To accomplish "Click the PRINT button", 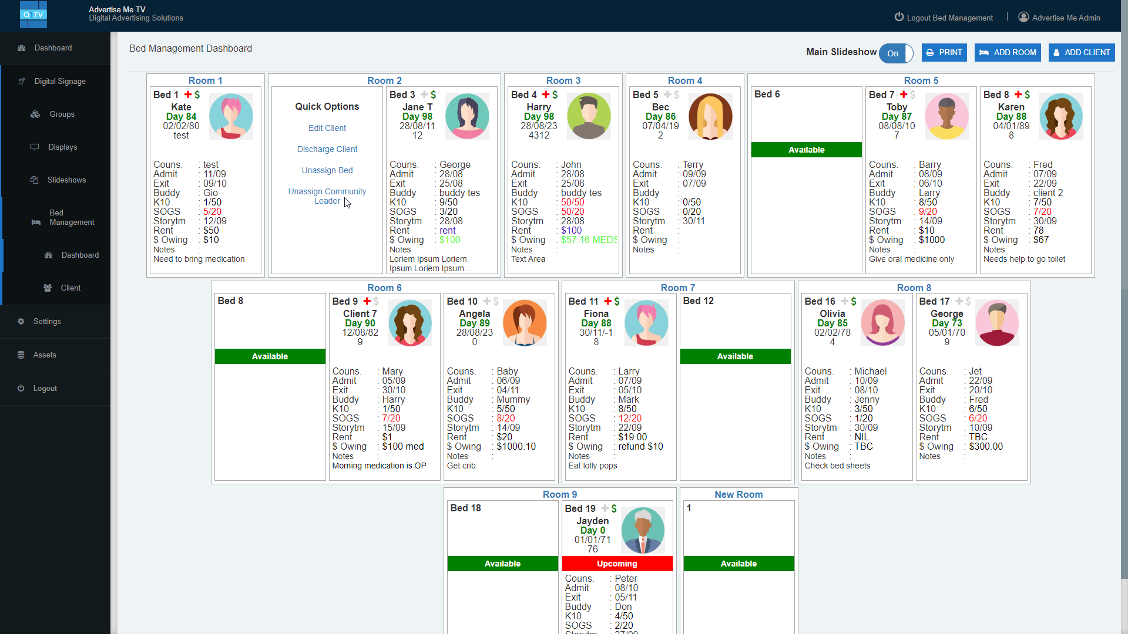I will pyautogui.click(x=944, y=53).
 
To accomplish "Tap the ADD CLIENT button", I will pyautogui.click(x=1081, y=53).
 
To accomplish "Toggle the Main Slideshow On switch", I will pyautogui.click(x=895, y=53).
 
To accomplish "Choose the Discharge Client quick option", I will pyautogui.click(x=327, y=149).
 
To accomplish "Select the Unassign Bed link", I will pyautogui.click(x=327, y=170).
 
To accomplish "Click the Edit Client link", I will pyautogui.click(x=327, y=128).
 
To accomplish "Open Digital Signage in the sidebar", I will pyautogui.click(x=60, y=81).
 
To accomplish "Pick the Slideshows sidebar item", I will pyautogui.click(x=66, y=180).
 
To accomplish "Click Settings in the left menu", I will pyautogui.click(x=47, y=321).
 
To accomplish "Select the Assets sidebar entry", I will pyautogui.click(x=45, y=355).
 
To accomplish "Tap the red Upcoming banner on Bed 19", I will pyautogui.click(x=617, y=564).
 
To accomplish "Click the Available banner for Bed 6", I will pyautogui.click(x=806, y=150).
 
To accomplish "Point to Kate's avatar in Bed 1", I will pyautogui.click(x=231, y=116).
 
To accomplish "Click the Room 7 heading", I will pyautogui.click(x=677, y=288).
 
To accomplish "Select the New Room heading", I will pyautogui.click(x=738, y=494).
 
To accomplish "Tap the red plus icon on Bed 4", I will pyautogui.click(x=546, y=95).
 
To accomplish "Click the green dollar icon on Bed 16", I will pyautogui.click(x=854, y=301).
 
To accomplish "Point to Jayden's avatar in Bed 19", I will pyautogui.click(x=643, y=530).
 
